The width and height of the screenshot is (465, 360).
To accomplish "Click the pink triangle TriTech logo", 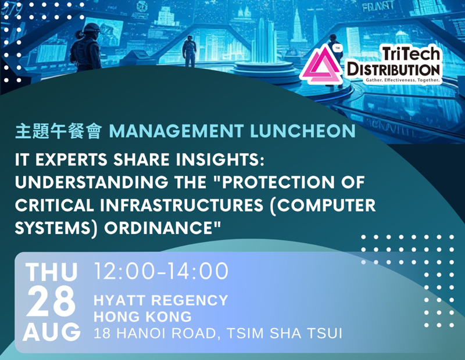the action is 321,66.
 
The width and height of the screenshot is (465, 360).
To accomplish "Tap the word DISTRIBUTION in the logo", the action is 394,70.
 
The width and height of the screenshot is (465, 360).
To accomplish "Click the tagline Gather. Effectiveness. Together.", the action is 402,80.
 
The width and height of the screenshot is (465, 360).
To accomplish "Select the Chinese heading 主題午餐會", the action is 59,131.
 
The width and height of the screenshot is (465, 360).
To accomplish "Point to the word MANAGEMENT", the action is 177,131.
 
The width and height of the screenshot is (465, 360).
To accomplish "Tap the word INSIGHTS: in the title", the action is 220,160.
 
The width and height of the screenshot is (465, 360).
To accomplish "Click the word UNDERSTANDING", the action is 91,182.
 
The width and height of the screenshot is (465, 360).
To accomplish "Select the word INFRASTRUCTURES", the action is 181,205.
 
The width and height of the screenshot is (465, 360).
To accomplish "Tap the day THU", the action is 51,272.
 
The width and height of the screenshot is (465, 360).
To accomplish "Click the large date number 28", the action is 51,301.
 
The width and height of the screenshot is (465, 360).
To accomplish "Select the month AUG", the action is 52,332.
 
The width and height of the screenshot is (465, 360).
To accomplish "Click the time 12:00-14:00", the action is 162,271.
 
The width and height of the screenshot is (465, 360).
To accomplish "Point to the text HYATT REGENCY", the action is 161,300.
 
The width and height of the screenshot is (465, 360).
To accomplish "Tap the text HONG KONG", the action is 142,316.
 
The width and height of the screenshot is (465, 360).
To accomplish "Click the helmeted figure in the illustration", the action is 85,47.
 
